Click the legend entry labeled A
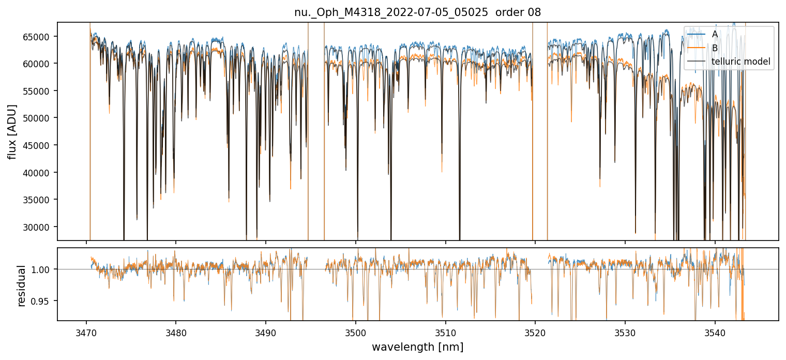(x=715, y=34)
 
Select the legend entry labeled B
(x=715, y=48)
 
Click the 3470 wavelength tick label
(x=86, y=332)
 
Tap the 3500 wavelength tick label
(x=356, y=332)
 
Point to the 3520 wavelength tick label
(x=535, y=332)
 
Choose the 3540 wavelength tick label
(x=715, y=332)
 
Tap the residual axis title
(x=22, y=286)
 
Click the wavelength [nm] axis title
(x=417, y=347)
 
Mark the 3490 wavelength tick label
(x=266, y=332)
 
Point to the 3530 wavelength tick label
(x=625, y=332)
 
